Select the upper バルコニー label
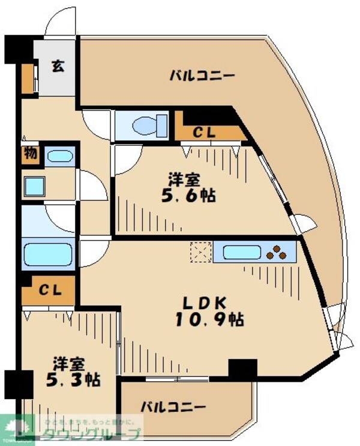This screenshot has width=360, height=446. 193,76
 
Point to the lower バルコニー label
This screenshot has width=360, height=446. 173,407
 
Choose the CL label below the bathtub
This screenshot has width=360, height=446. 50,291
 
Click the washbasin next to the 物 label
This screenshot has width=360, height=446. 59,157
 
